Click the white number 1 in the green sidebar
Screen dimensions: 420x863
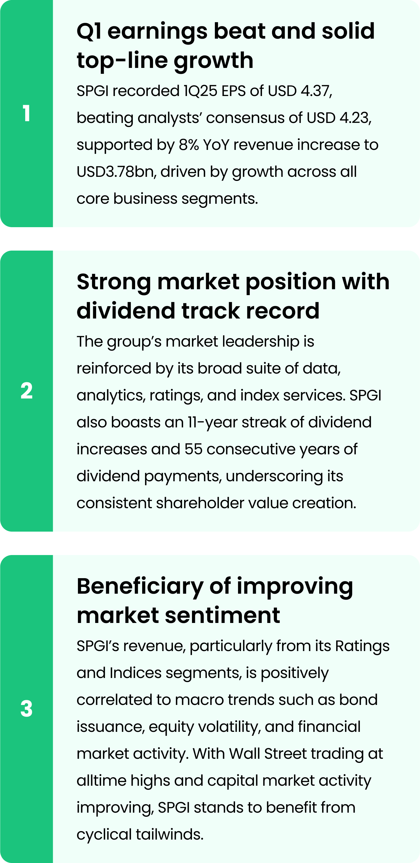pos(26,113)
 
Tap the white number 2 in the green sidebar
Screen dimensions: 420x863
pos(26,391)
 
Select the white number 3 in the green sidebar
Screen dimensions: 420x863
pos(26,708)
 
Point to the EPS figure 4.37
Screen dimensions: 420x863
pos(315,91)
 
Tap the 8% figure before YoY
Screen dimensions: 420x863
pos(188,145)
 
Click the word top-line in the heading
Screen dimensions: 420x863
pos(123,60)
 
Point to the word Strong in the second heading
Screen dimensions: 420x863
pos(114,281)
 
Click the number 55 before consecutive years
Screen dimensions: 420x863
pos(193,449)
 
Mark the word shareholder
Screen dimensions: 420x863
pos(200,503)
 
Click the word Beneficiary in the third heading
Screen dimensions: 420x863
pos(140,586)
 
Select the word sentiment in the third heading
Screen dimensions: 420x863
pos(222,615)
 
